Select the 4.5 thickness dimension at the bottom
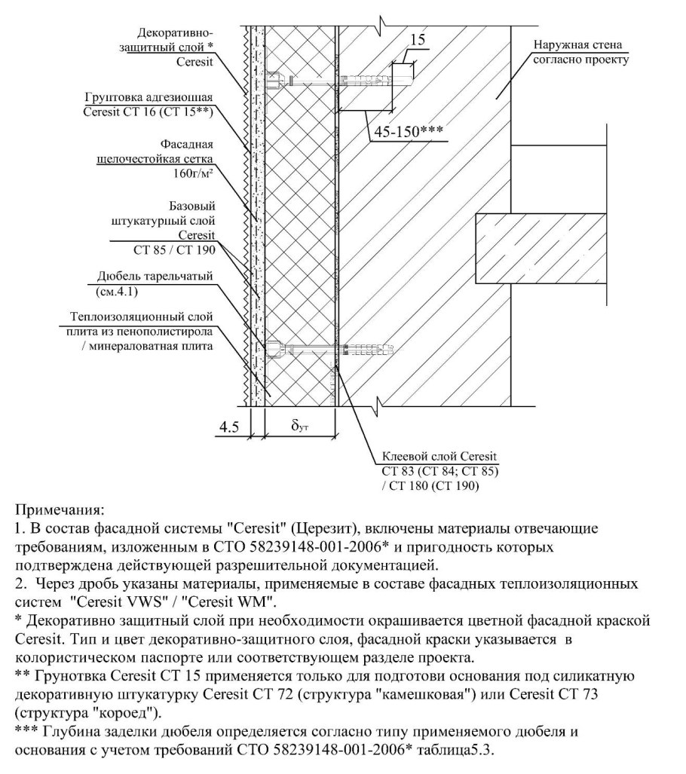(229, 427)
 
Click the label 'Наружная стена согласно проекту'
(580, 51)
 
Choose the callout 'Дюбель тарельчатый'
(155, 277)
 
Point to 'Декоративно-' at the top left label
(176, 33)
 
